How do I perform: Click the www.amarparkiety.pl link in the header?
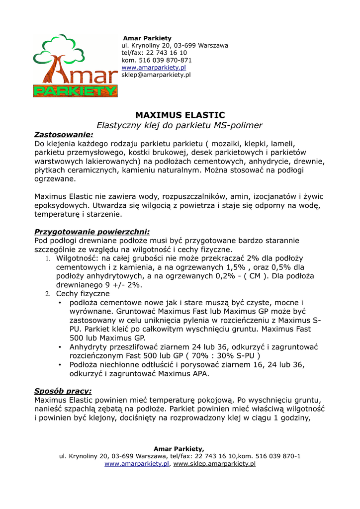point(154,68)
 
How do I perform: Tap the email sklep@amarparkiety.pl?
point(156,75)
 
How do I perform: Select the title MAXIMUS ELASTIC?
point(180,115)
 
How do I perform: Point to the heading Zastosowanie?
point(63,135)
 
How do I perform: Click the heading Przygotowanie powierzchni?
point(91,232)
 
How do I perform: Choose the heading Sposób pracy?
point(63,391)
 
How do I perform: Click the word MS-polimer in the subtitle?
point(239,125)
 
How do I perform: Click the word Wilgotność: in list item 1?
point(77,258)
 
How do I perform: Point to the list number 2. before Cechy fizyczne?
point(48,294)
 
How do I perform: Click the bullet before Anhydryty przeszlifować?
point(60,347)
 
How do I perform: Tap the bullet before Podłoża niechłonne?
point(60,365)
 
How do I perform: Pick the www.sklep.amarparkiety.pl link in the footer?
point(214,464)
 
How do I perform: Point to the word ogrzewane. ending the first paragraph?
point(55,179)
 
